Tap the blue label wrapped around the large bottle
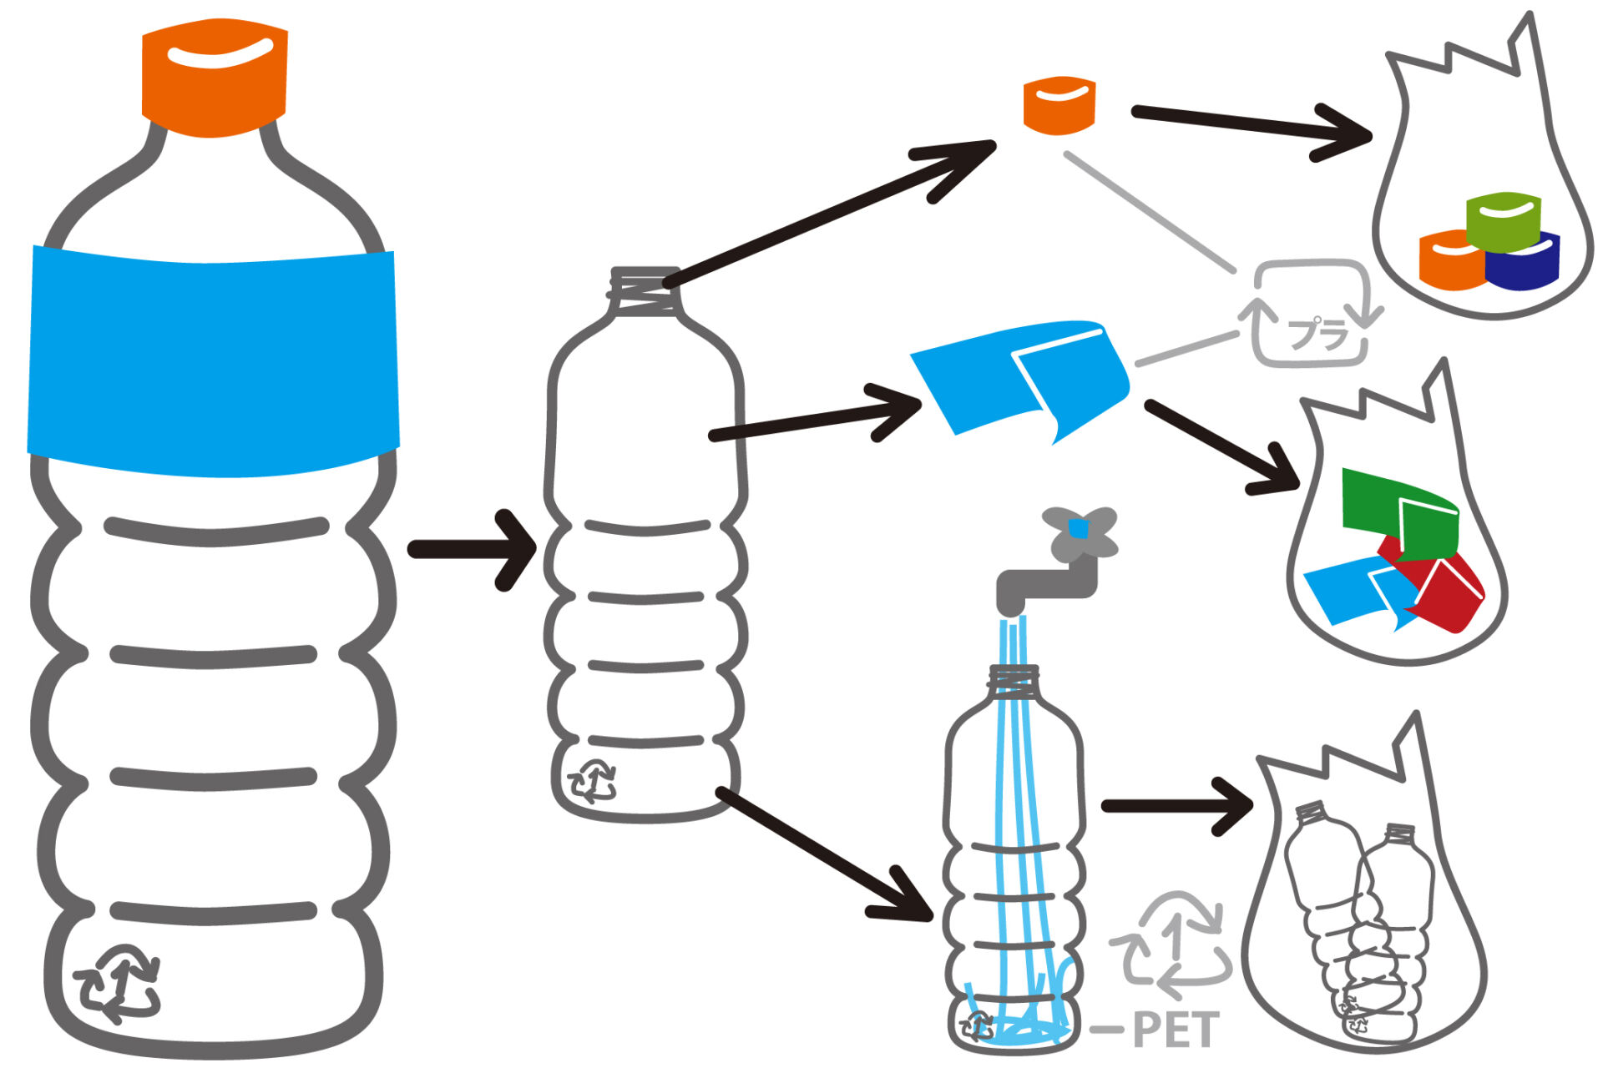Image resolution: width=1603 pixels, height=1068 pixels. point(213,360)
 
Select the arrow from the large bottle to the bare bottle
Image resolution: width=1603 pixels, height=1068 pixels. point(472,550)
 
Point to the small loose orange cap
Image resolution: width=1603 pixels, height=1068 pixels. point(1059,105)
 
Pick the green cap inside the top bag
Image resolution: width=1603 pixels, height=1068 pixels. point(1503,221)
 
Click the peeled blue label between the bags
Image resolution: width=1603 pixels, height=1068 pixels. point(1020,380)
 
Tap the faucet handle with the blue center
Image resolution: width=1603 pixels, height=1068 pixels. point(1080,532)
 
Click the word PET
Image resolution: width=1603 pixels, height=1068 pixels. point(1176,1030)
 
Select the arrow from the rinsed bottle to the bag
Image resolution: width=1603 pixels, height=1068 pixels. point(1177,806)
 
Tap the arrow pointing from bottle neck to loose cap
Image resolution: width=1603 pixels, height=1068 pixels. point(831,214)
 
